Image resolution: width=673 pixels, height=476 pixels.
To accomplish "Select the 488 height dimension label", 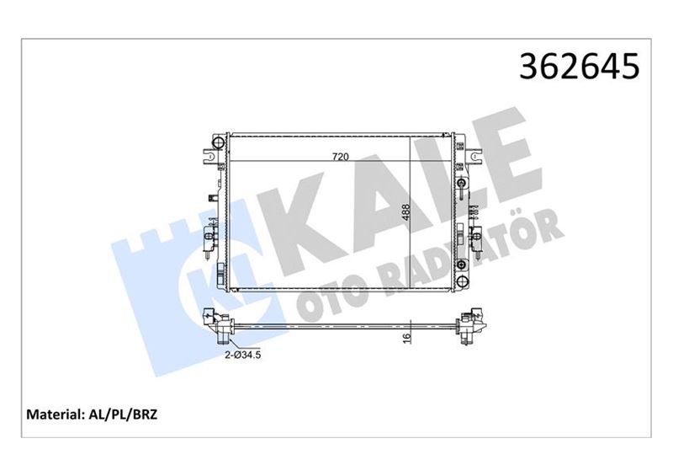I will (405, 214).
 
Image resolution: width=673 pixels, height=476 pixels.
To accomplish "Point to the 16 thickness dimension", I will (405, 338).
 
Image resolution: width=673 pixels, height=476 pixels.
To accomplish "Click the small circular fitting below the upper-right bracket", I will (461, 184).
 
